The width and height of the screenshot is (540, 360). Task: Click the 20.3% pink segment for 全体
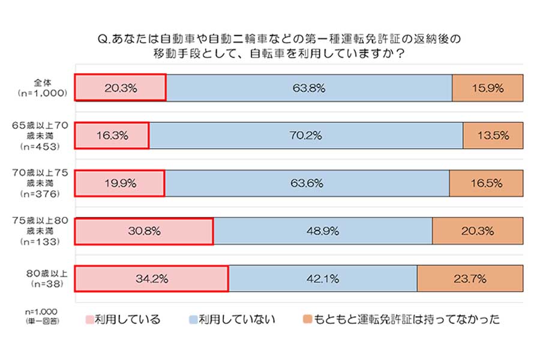pos(120,88)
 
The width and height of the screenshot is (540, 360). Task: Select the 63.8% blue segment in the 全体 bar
pos(308,88)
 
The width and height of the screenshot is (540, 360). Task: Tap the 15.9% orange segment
pos(487,88)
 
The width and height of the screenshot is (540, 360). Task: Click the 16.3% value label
pos(112,136)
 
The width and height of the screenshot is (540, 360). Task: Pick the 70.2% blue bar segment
pos(306,136)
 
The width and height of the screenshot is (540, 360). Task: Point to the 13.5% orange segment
pos(493,136)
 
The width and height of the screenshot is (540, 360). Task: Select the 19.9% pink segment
pos(119,183)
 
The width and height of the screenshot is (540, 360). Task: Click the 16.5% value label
pos(486,183)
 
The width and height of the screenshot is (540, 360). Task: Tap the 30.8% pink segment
pos(144,231)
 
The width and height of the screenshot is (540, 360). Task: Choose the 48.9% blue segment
pos(323,231)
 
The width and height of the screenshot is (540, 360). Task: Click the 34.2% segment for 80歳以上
pos(151,278)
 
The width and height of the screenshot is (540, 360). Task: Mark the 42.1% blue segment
pos(323,278)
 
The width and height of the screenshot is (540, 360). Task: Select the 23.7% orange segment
pos(470,278)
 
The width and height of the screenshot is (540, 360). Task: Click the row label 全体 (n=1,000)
pos(46,88)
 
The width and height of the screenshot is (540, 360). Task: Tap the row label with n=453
pos(46,136)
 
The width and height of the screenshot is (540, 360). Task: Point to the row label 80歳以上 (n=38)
pos(47,278)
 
